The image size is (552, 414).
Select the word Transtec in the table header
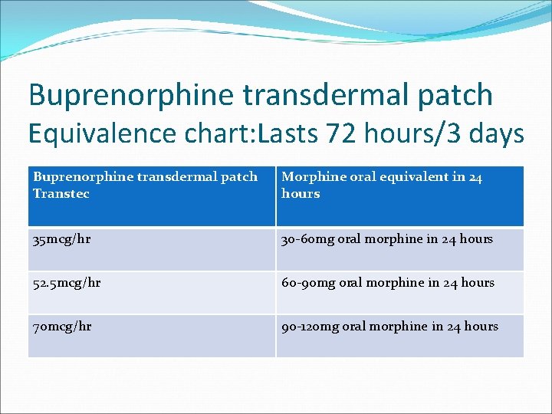click(x=61, y=194)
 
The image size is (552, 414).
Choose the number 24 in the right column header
click(x=475, y=177)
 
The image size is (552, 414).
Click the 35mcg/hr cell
click(x=62, y=239)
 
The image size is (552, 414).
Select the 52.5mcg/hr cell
click(x=68, y=283)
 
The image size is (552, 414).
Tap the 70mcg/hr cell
click(x=62, y=327)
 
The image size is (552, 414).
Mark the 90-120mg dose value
click(x=310, y=327)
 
